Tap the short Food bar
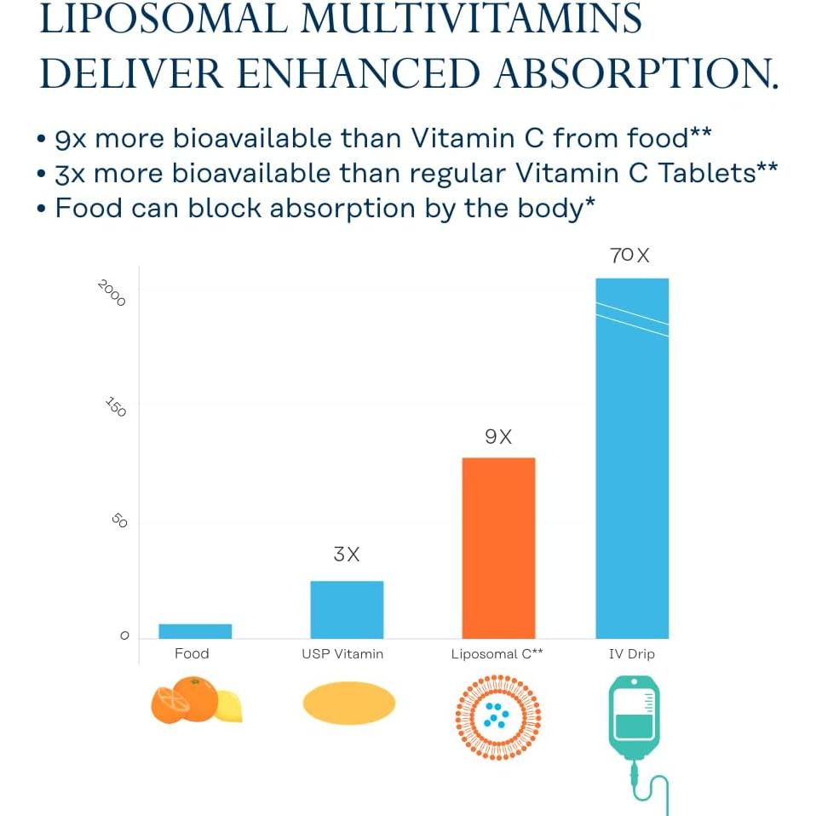[195, 631]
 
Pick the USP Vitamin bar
[347, 609]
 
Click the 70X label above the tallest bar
[629, 255]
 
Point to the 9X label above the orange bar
[498, 437]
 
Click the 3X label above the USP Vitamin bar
[347, 555]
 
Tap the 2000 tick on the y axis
[112, 294]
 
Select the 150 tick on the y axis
[116, 406]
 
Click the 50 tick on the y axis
[119, 520]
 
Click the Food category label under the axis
[192, 654]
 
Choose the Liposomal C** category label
[497, 654]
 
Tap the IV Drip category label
[632, 654]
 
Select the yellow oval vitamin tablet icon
[349, 704]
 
